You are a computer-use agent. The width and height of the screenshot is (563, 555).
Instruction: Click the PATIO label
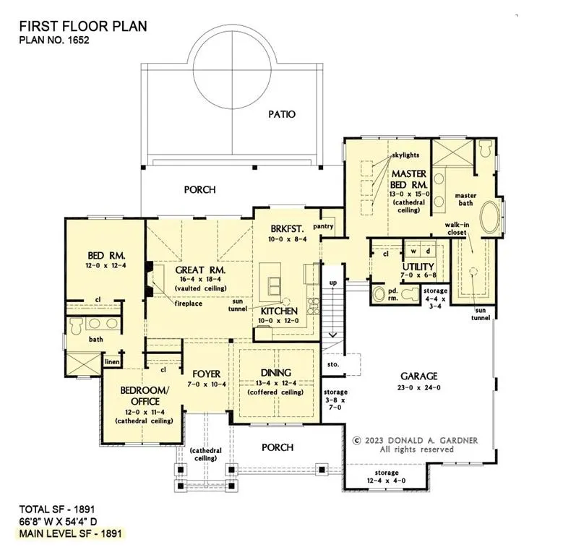(x=282, y=114)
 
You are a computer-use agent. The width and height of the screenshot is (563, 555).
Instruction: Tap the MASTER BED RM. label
(x=409, y=179)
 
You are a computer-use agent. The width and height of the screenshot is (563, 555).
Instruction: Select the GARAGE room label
(x=418, y=376)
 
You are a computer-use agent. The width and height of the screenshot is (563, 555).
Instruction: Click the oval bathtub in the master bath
(x=490, y=218)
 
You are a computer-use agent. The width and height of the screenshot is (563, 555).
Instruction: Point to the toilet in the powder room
(x=410, y=294)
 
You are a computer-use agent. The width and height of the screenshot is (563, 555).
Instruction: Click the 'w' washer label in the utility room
(x=413, y=251)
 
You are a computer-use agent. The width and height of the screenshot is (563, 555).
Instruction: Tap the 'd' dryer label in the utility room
(x=428, y=251)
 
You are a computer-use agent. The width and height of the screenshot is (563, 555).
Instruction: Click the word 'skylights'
(x=405, y=155)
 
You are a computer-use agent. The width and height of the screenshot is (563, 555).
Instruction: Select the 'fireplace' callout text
(x=189, y=304)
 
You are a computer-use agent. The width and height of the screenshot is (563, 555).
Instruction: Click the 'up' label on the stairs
(x=333, y=283)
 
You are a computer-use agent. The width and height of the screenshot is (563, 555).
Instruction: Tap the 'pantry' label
(x=323, y=226)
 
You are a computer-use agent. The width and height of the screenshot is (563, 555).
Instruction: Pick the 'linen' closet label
(x=112, y=361)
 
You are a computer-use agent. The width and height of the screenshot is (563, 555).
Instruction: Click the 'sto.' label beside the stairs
(x=333, y=364)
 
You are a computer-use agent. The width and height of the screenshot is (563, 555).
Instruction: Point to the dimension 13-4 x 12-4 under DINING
(x=276, y=383)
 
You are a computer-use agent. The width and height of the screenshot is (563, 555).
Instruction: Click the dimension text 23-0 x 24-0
(x=419, y=387)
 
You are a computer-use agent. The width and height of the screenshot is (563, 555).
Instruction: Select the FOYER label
(x=207, y=374)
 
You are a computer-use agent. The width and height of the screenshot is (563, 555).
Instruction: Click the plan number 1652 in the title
(x=79, y=40)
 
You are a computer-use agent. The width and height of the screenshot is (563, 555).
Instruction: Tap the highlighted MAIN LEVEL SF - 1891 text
(x=70, y=533)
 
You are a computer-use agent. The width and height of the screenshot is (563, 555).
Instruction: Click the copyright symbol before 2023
(x=356, y=441)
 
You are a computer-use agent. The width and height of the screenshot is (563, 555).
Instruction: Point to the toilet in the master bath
(x=486, y=148)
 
